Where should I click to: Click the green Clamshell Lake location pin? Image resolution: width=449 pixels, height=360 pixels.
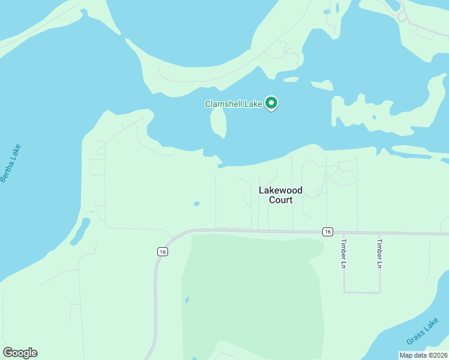click(x=271, y=104)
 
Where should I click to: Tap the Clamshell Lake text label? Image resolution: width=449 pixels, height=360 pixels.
click(x=234, y=104)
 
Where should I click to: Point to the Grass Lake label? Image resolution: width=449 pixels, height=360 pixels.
click(x=422, y=332)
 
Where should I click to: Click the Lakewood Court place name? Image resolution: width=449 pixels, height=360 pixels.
click(x=280, y=195)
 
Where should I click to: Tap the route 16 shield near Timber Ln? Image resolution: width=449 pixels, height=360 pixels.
click(x=327, y=232)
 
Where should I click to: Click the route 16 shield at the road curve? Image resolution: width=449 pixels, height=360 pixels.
click(x=162, y=252)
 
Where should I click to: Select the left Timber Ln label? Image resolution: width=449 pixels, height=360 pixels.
click(x=344, y=254)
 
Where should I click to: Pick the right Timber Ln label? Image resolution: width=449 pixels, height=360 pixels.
click(x=379, y=254)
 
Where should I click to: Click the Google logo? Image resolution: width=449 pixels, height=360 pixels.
click(x=20, y=353)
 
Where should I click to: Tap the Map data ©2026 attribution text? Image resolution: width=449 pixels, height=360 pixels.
click(x=423, y=355)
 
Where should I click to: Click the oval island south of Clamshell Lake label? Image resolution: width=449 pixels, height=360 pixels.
click(x=218, y=122)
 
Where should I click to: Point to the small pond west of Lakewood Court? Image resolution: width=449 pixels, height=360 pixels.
click(x=196, y=203)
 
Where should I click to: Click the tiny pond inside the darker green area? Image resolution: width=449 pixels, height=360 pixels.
click(x=187, y=299)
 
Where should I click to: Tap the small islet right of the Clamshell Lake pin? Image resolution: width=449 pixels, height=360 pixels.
click(x=291, y=79)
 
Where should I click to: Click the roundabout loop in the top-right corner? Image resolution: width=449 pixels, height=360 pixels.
click(x=402, y=17)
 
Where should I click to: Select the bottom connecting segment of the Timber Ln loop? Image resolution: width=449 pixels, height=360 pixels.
click(x=362, y=292)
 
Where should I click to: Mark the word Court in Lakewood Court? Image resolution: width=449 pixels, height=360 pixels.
click(x=280, y=200)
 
